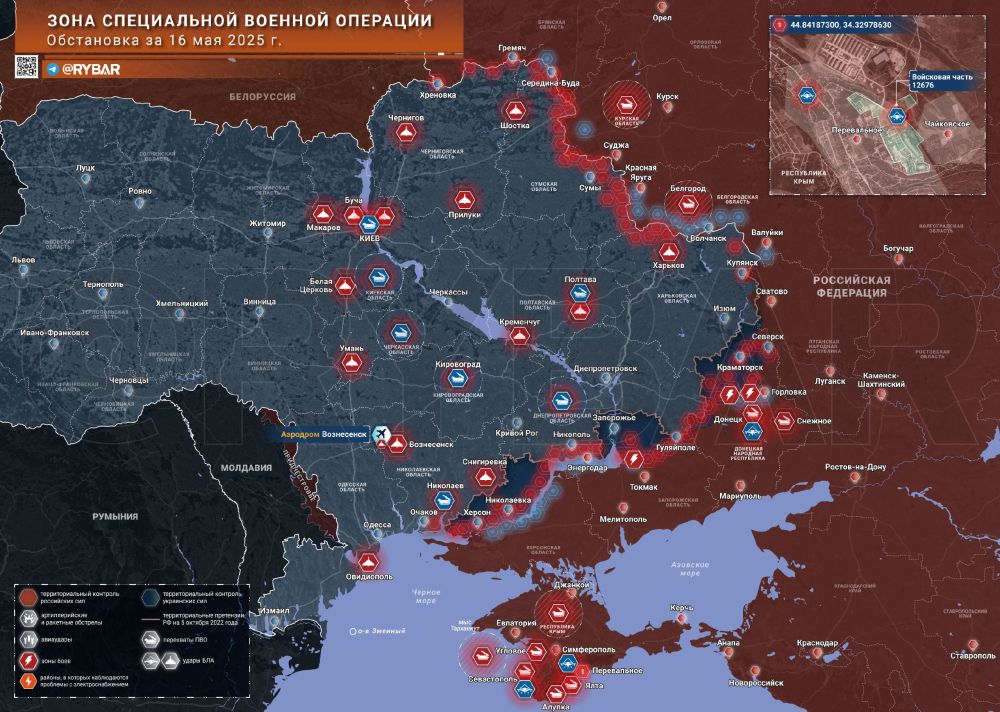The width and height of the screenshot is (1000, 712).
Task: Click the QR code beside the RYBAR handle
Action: (26, 67)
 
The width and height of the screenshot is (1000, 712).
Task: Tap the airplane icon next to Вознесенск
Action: (379, 433)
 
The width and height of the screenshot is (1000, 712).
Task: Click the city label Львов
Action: (22, 260)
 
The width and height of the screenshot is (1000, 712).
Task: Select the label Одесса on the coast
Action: (376, 524)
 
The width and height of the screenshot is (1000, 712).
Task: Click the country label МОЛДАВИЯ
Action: (247, 467)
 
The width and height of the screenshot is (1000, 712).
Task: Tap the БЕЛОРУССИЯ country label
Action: (262, 96)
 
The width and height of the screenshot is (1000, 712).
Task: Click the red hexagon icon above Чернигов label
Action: (406, 134)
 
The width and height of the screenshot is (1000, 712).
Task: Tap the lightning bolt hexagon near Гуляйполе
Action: (633, 458)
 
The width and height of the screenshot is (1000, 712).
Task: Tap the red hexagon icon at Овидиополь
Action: (367, 562)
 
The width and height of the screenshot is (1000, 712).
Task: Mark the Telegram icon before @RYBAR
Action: (51, 70)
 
